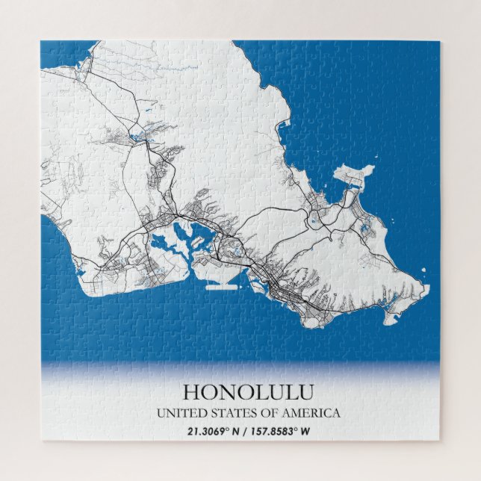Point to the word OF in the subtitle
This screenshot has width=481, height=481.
point(258,413)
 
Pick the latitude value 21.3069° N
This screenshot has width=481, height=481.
point(211,431)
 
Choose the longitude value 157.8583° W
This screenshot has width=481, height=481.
point(285,431)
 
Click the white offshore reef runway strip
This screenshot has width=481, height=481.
point(224,285)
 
